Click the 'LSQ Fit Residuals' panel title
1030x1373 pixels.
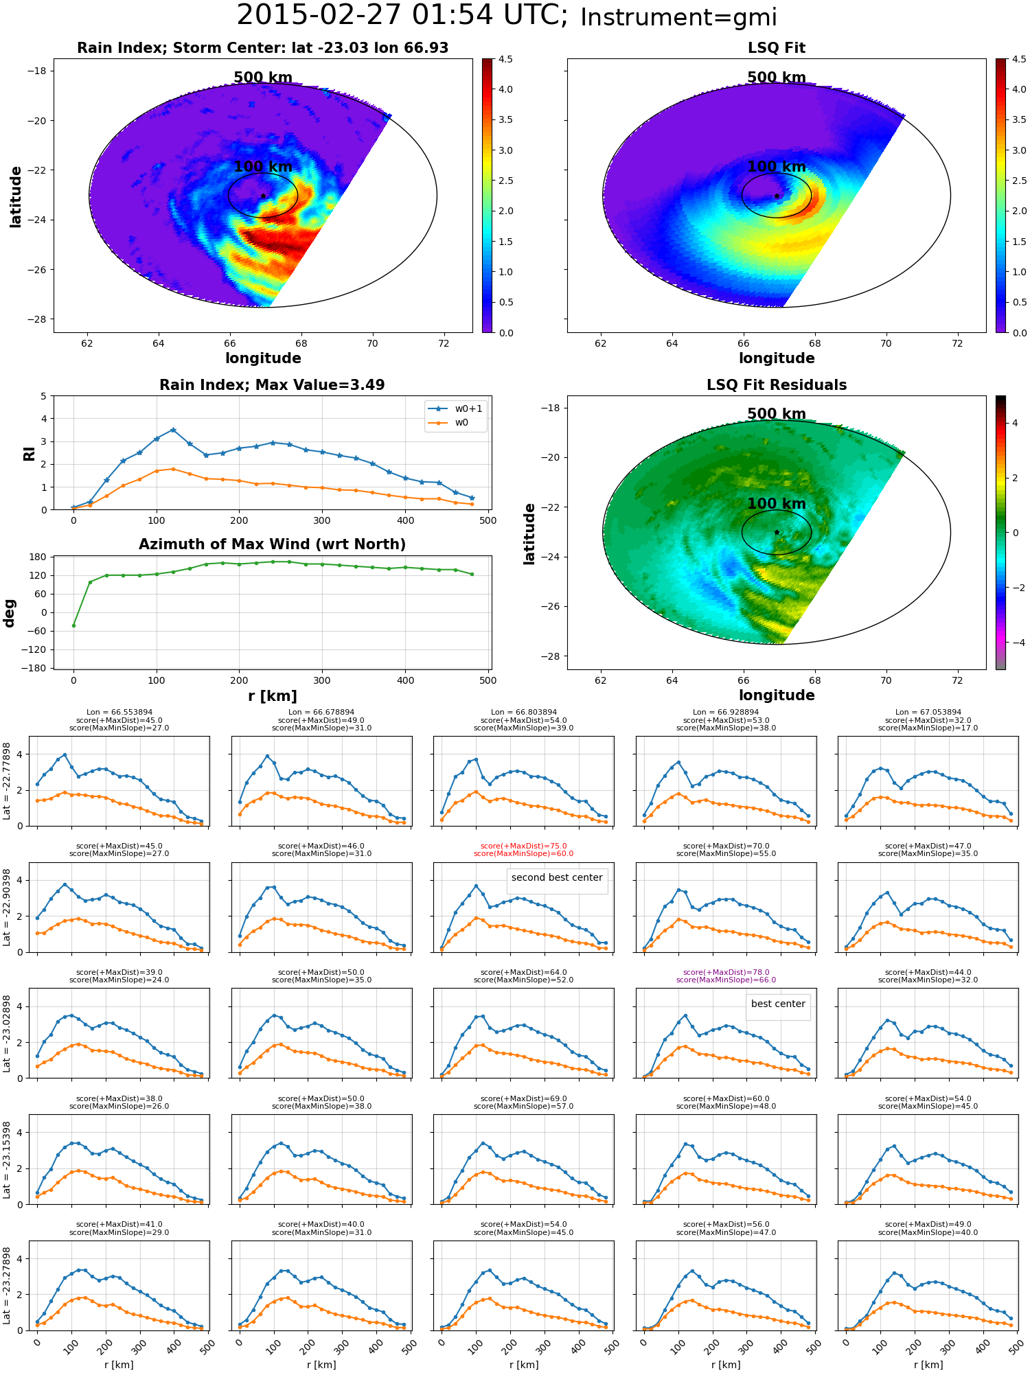tap(777, 385)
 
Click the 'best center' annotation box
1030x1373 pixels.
tap(778, 1004)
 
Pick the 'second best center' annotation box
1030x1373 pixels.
tap(557, 877)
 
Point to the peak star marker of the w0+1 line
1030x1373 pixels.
tap(173, 430)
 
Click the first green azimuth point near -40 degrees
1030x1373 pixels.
tap(73, 625)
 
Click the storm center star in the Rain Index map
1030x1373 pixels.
tap(263, 196)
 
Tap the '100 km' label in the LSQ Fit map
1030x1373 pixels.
tap(777, 167)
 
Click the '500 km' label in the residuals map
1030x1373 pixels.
tap(777, 414)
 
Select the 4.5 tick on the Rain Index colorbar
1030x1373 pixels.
tap(505, 59)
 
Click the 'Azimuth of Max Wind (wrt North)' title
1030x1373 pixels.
tap(272, 544)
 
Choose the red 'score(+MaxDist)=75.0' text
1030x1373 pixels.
tap(524, 846)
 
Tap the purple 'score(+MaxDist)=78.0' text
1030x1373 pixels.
tap(726, 973)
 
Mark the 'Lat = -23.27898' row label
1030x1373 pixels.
tap(7, 1285)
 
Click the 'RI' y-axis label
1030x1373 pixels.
tap(29, 454)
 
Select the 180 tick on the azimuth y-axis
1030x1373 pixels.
tap(38, 557)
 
